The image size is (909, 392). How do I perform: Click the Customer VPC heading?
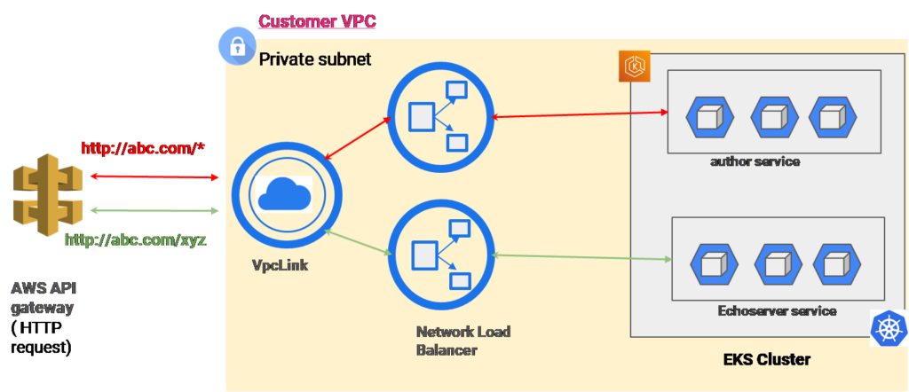pyautogui.click(x=317, y=20)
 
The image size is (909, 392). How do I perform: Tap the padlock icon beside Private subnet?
pyautogui.click(x=237, y=47)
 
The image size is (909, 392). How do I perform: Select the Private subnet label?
pyautogui.click(x=315, y=59)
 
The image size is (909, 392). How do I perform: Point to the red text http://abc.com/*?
pyautogui.click(x=143, y=148)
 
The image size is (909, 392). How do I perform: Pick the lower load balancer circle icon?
pyautogui.click(x=439, y=254)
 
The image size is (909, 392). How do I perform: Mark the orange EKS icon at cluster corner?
pyautogui.click(x=635, y=67)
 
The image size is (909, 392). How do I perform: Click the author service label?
pyautogui.click(x=755, y=161)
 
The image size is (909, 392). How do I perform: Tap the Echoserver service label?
pyautogui.click(x=777, y=311)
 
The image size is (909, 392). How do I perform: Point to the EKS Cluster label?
pyautogui.click(x=766, y=362)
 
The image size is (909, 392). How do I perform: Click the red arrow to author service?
pyautogui.click(x=579, y=114)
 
